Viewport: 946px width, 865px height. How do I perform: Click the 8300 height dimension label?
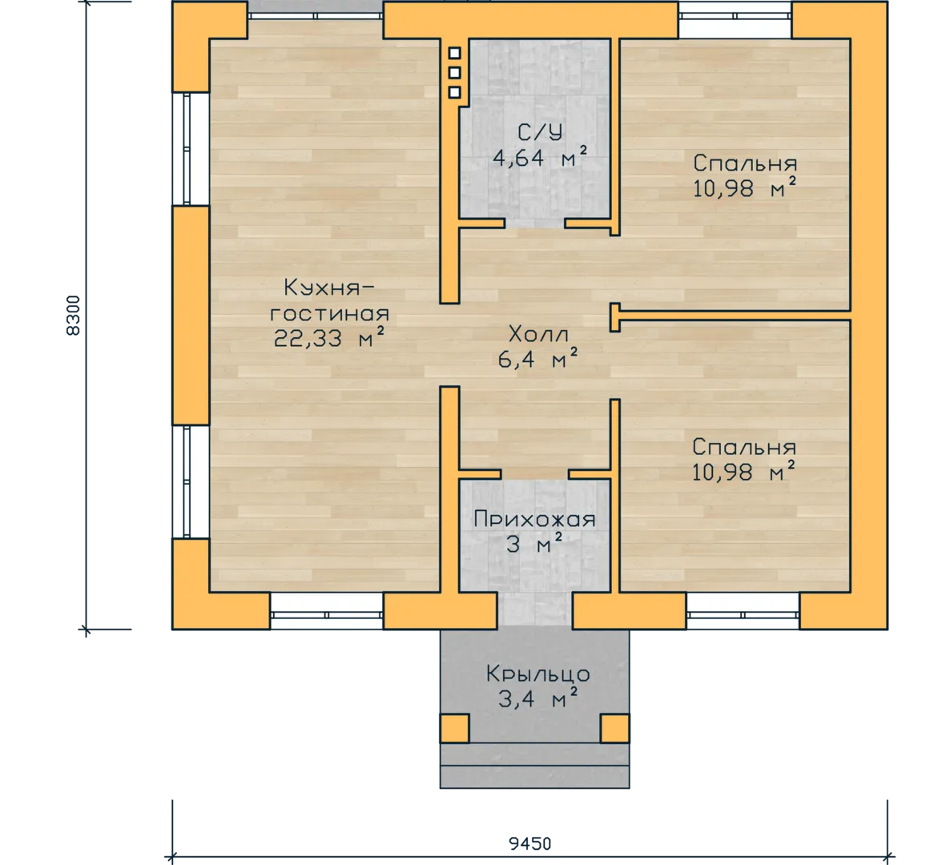tap(72, 316)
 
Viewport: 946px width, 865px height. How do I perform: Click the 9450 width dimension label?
tap(529, 843)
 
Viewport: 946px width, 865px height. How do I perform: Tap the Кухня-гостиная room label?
tap(329, 300)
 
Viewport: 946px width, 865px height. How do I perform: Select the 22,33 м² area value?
tap(328, 339)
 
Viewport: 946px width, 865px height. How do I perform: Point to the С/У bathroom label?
tap(540, 132)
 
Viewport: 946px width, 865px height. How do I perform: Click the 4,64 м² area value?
tap(540, 158)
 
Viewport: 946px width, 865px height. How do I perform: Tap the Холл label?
tap(538, 333)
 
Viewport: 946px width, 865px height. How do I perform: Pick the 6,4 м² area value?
tap(537, 359)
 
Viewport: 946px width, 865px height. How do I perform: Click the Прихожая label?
tap(534, 519)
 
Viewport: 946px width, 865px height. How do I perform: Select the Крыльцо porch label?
tap(538, 674)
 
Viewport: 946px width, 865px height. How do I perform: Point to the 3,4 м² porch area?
tap(537, 698)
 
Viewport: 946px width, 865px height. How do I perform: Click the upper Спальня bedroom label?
tap(745, 163)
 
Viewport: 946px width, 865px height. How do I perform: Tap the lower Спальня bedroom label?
tap(744, 447)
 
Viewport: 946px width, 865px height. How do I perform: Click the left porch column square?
tap(454, 728)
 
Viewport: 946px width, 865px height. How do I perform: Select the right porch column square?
tap(614, 728)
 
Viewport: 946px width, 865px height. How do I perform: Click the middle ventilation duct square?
tap(455, 72)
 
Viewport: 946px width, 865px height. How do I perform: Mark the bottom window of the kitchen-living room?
tap(326, 612)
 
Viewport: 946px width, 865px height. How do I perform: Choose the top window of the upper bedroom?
tap(735, 19)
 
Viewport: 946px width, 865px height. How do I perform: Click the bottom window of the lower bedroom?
tap(743, 612)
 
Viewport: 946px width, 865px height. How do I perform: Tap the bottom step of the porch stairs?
tap(534, 777)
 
